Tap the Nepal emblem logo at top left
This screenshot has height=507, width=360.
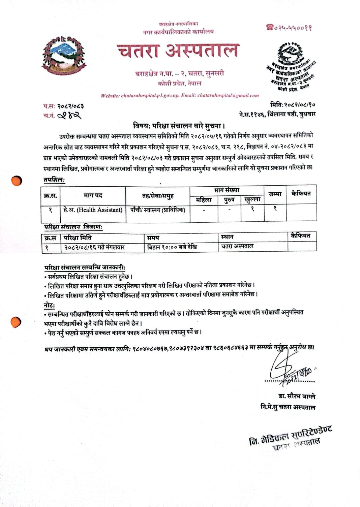click(64, 56)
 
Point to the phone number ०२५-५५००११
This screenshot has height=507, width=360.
click(289, 27)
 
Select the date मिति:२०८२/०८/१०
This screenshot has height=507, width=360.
click(293, 105)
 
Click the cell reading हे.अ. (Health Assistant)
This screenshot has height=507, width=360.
click(93, 210)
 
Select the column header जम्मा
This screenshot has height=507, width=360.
click(275, 194)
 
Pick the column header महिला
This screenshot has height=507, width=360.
click(204, 200)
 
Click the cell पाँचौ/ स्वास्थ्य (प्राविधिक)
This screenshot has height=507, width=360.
click(157, 210)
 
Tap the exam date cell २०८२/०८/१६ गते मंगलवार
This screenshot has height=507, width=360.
click(94, 247)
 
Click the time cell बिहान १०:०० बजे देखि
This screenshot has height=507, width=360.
click(172, 247)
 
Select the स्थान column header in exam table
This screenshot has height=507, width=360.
click(227, 237)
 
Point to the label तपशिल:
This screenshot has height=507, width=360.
click(54, 180)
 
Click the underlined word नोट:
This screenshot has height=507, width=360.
click(49, 306)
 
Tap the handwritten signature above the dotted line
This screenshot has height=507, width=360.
click(287, 369)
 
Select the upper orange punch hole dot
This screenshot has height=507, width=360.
click(16, 181)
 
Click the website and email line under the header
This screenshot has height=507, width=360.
click(180, 96)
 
